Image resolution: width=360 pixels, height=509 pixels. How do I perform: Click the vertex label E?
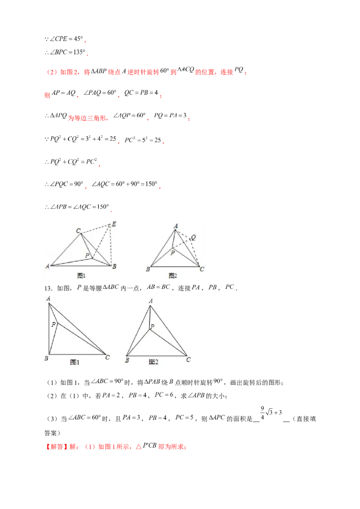click(114, 224)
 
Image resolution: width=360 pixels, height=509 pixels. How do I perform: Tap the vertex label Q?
click(193, 237)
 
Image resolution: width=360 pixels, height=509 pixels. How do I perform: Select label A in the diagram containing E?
click(47, 266)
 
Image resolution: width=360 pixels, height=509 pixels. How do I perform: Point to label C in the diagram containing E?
click(78, 231)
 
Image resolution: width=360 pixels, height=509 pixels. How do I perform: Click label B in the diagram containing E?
click(114, 266)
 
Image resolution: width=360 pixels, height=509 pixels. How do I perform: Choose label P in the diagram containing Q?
click(172, 253)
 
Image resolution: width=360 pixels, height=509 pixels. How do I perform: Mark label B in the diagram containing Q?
click(148, 269)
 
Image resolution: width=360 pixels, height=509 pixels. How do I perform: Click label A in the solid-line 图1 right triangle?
click(48, 298)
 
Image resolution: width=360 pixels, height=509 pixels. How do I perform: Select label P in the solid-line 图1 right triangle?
click(54, 324)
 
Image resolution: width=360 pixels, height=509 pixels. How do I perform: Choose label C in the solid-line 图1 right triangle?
click(107, 357)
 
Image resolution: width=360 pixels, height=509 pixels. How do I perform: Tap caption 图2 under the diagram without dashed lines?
click(153, 362)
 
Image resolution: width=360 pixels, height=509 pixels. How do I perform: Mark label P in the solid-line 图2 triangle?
click(153, 327)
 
